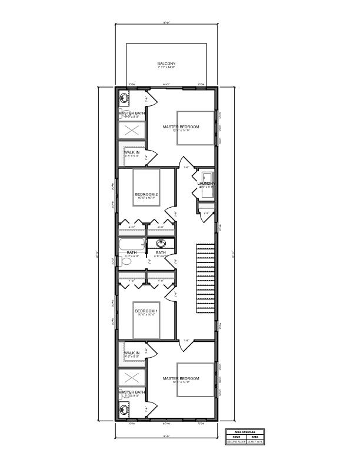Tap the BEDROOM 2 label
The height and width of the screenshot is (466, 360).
[x=146, y=194]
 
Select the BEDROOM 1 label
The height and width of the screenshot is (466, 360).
[x=146, y=311]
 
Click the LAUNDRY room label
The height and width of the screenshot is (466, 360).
[x=205, y=184]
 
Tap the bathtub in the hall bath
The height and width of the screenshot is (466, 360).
[x=132, y=244]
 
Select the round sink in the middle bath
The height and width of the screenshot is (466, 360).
[x=161, y=243]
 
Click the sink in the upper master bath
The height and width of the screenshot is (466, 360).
[x=125, y=98]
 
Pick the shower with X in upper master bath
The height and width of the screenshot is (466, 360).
[x=131, y=131]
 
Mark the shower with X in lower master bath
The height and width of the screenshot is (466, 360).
[x=131, y=377]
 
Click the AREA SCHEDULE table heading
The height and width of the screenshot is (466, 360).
[x=245, y=431]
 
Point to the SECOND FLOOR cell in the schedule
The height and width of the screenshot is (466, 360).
[x=236, y=442]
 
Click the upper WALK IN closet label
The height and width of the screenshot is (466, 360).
[x=132, y=152]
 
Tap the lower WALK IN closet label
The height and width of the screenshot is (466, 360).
[x=132, y=353]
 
